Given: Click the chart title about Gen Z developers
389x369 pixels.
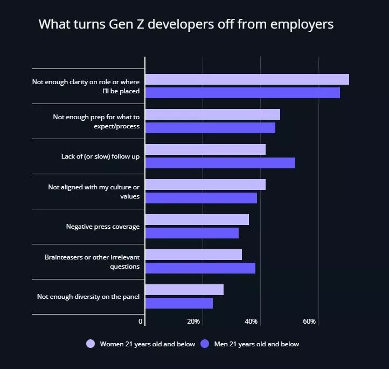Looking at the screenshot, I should pos(186,25).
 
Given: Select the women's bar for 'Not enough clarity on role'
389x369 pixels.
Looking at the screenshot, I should pos(247,79).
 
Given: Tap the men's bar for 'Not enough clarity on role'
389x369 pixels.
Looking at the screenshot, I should pos(242,93).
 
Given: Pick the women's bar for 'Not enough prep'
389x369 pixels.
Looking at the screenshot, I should pos(213,114).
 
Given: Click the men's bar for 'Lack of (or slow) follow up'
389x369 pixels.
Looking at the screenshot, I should pos(220,163).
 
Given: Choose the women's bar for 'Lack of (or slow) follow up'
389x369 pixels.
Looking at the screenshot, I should pos(205,149).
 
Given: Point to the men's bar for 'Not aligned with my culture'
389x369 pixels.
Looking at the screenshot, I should pos(201,198).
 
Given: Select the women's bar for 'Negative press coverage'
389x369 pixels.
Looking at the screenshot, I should pos(197,220).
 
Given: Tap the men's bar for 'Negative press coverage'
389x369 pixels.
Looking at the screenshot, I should pos(192,233).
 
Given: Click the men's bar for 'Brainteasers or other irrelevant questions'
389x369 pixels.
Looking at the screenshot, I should pos(200,268).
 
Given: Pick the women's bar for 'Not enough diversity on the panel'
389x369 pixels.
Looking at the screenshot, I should pos(184,290).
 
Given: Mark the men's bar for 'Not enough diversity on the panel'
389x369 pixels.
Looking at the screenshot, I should pos(179,303).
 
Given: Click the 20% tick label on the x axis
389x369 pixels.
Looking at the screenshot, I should pos(193,322).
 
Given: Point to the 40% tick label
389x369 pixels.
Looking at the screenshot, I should pos(251,322).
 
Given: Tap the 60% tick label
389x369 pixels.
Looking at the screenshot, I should pos(309,322).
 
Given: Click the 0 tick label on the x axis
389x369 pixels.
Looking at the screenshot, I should pos(141,322).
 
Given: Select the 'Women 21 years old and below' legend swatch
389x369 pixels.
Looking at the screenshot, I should pos(91,344).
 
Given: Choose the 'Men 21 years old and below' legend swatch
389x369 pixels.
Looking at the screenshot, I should pos(205,344).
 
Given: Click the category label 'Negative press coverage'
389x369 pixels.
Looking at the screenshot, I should pos(102,227).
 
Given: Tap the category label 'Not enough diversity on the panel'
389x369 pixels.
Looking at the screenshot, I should pos(88,297).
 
